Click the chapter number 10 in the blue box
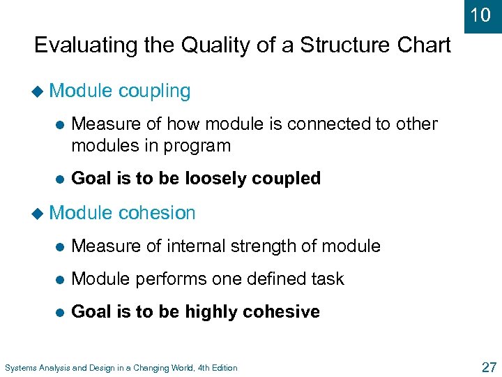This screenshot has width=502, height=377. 480,15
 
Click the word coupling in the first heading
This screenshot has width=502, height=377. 154,91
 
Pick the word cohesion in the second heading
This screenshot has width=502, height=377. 157,213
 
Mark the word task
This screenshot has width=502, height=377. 328,279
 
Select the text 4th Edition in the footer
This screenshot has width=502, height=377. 213,367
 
